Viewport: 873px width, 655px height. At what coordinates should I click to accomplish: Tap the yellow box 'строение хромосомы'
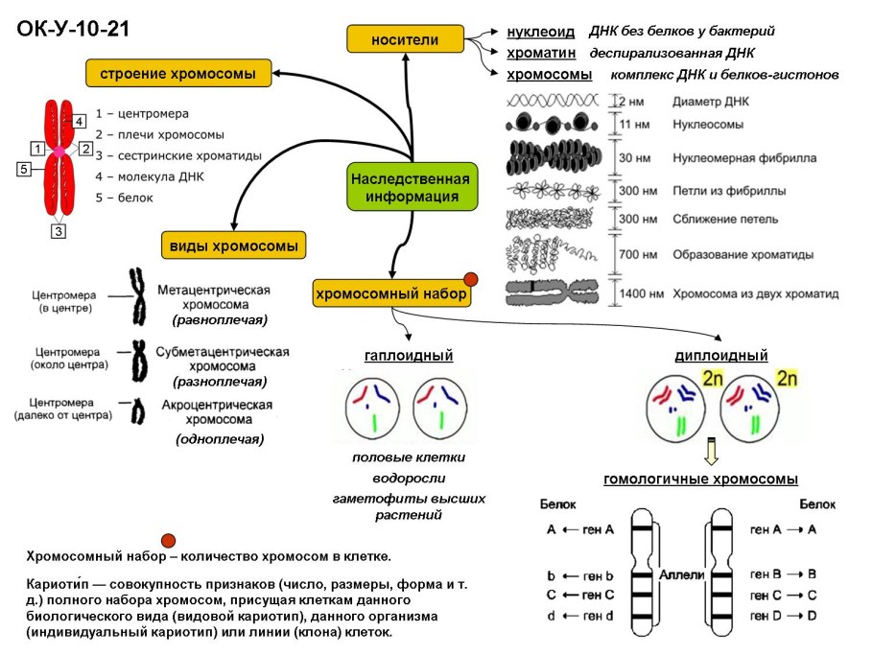tap(177, 73)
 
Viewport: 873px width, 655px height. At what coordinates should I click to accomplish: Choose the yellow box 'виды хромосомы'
tap(233, 245)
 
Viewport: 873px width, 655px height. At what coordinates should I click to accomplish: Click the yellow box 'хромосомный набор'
tap(391, 293)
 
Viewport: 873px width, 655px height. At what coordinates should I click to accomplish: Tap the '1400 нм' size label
tap(638, 293)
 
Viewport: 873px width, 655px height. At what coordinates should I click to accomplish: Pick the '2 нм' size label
tap(629, 100)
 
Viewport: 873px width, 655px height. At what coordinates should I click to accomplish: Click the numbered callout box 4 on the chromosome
tap(80, 120)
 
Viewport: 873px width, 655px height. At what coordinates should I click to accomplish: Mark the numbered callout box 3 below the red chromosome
tap(59, 231)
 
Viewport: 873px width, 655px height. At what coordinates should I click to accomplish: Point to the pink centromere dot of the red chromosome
tap(59, 151)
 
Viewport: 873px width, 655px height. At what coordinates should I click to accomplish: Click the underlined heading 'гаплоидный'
tap(409, 356)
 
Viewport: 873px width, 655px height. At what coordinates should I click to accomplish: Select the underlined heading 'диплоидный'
tap(721, 356)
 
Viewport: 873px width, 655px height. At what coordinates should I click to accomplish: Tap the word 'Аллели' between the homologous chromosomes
tap(682, 573)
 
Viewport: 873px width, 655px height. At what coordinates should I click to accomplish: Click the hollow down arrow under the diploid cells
tap(711, 449)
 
